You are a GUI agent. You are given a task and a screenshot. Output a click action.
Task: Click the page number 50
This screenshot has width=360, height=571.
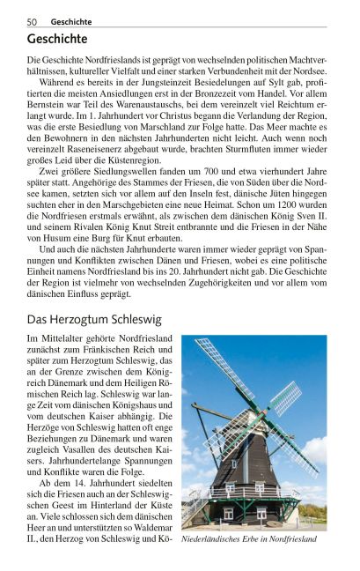[31, 20]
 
